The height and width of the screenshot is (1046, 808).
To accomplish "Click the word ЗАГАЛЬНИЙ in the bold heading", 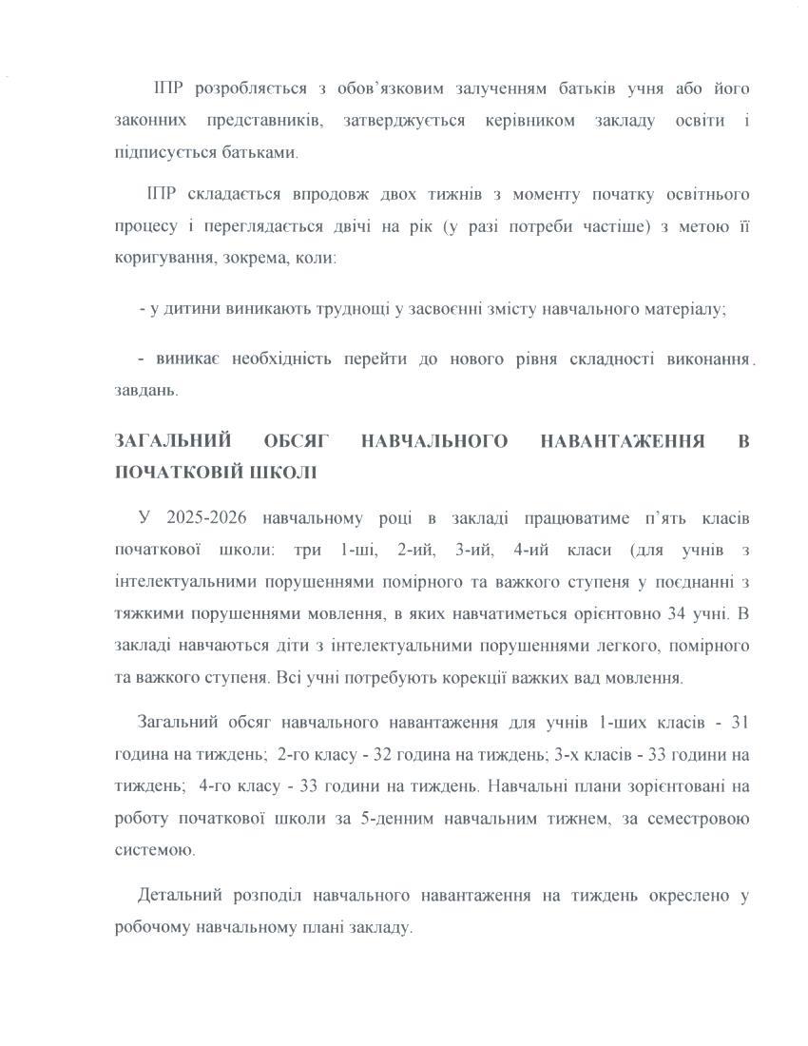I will tap(173, 440).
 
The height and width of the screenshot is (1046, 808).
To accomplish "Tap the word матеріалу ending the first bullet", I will tap(676, 309).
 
